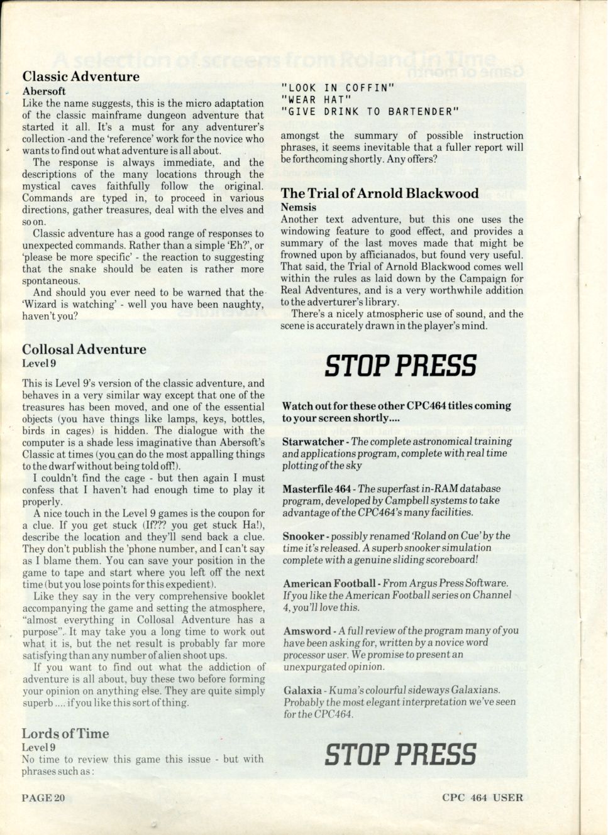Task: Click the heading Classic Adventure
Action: (81, 77)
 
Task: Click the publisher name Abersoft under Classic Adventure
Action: (44, 91)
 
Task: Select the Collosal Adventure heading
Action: (84, 349)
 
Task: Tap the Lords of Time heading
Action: (65, 733)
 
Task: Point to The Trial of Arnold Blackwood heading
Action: (380, 194)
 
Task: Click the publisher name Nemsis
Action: (299, 207)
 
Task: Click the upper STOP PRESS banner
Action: (401, 366)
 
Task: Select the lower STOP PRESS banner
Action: (401, 754)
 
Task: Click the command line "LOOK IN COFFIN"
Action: (338, 88)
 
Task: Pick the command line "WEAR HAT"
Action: (316, 100)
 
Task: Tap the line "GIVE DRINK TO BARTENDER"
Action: (370, 112)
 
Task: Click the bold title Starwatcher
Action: (313, 442)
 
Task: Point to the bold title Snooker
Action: (304, 536)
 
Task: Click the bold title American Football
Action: (329, 584)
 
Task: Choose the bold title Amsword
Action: (307, 631)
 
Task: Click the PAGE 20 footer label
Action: (43, 798)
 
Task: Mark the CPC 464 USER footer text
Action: (482, 798)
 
